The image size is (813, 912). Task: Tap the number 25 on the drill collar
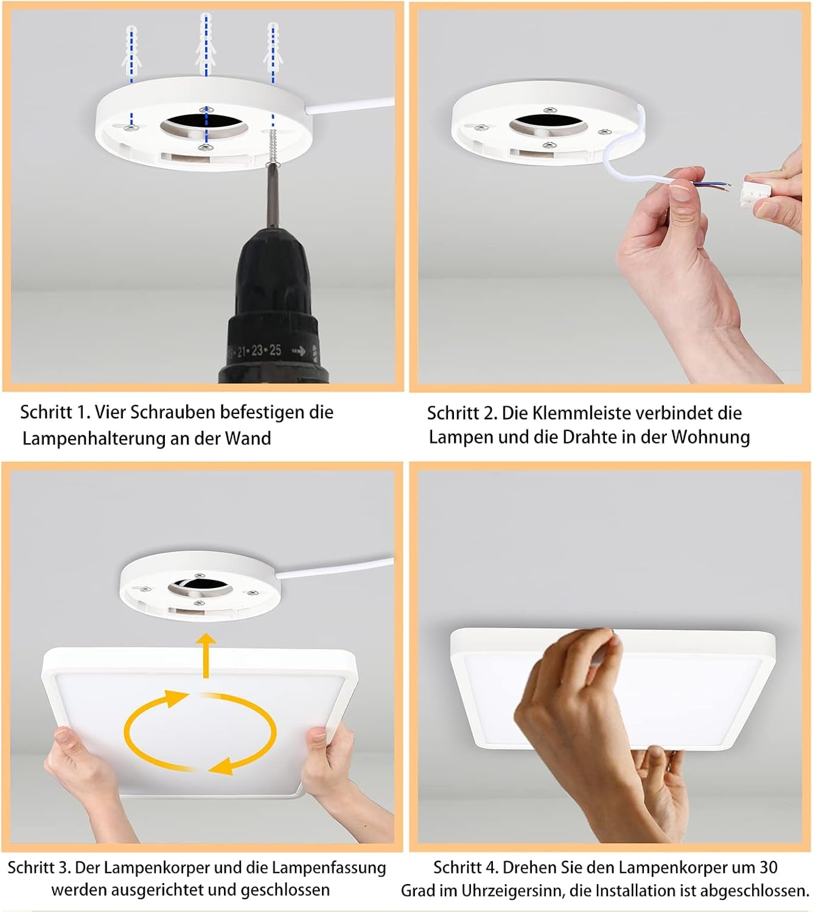[275, 350]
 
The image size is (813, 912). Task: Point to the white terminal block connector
[757, 191]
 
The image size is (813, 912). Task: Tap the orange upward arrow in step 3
[206, 655]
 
